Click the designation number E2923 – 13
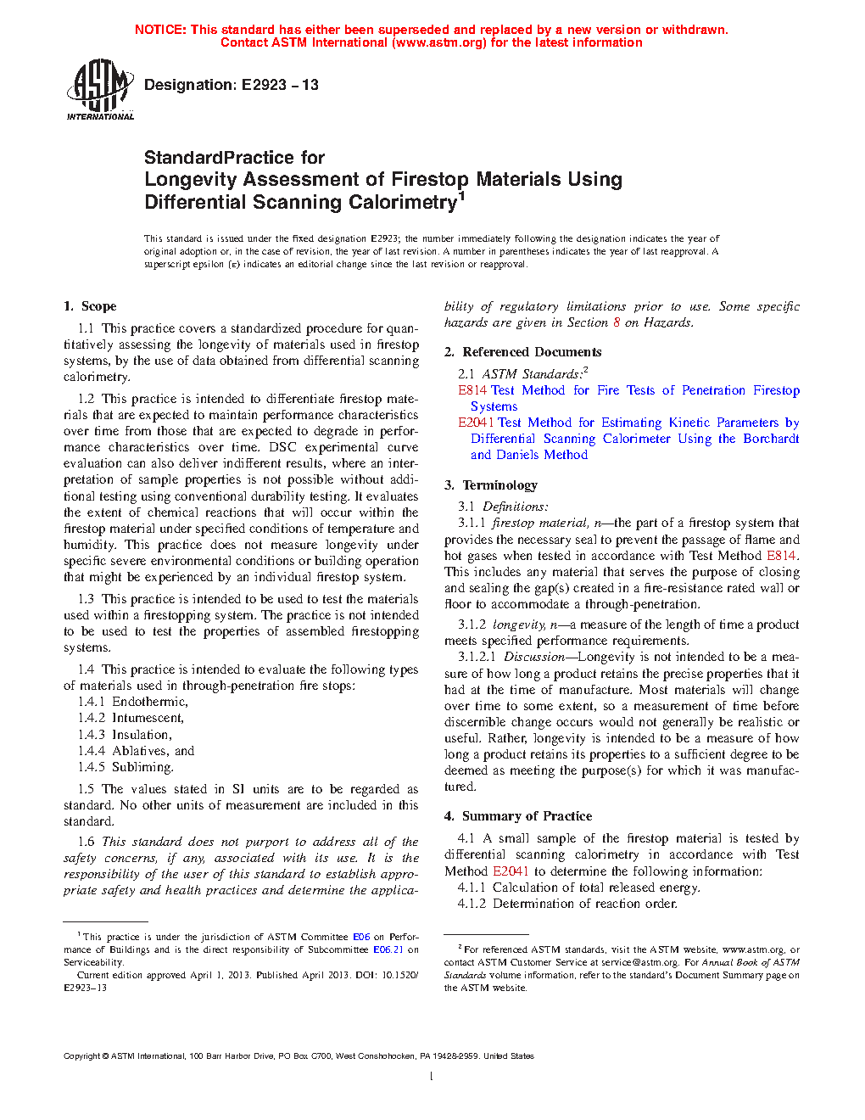pos(280,85)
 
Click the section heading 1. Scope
pos(90,306)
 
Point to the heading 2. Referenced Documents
pos(522,352)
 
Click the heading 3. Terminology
pos(490,485)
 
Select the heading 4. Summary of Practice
pos(517,816)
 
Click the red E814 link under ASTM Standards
pos(472,390)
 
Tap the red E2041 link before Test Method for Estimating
pos(477,423)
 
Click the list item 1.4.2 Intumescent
pos(131,718)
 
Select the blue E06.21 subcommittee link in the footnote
pos(388,949)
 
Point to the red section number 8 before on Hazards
pos(617,322)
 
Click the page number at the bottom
pos(431,1077)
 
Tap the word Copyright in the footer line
pos(81,1056)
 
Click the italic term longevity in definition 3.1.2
pos(519,624)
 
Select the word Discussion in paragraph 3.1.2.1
pos(533,657)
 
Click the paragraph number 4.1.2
pos(472,904)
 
